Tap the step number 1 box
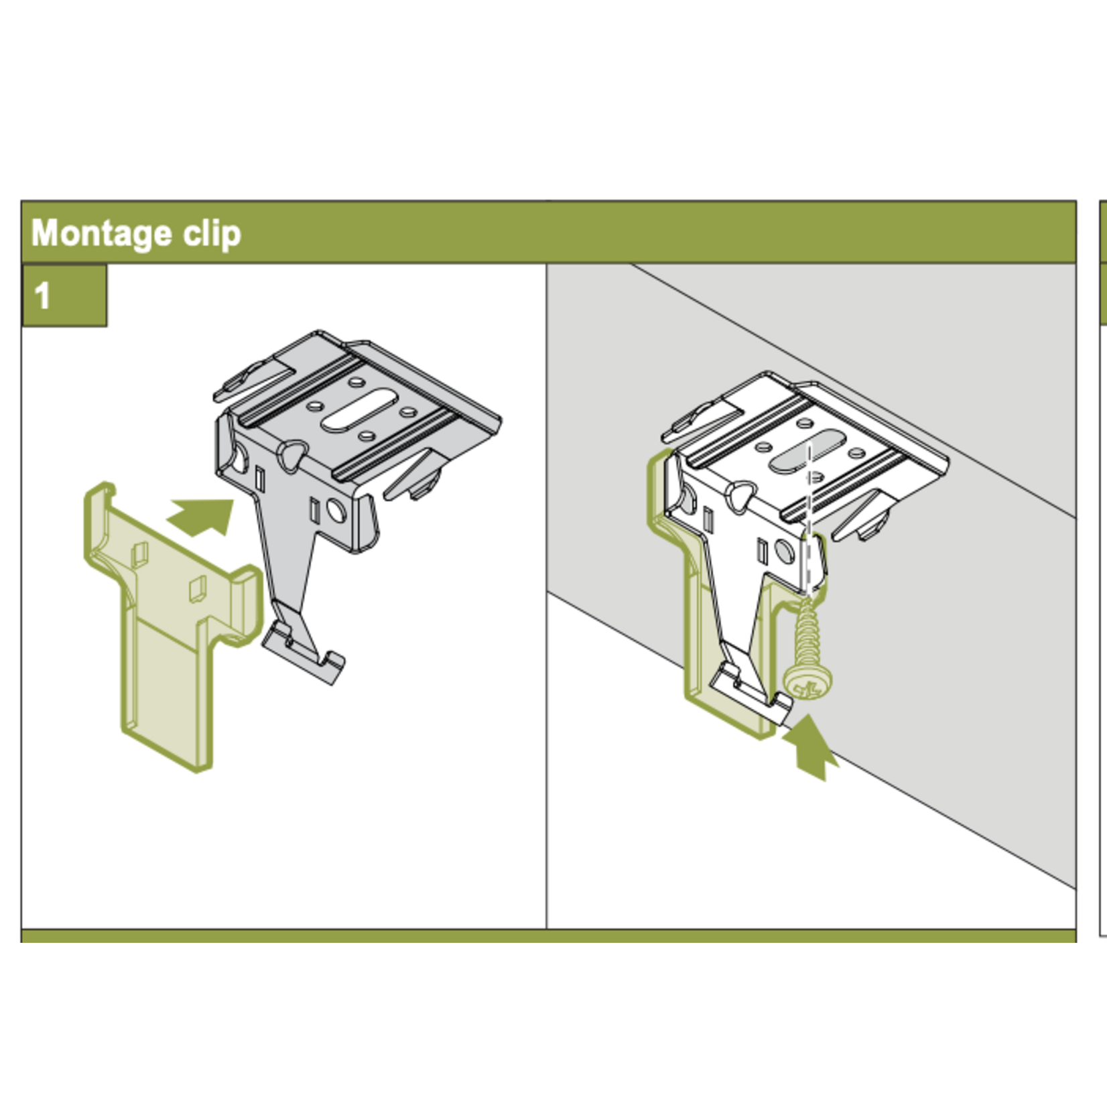pyautogui.click(x=64, y=296)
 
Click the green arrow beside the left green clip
pyautogui.click(x=201, y=517)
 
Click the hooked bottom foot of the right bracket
pyautogui.click(x=751, y=693)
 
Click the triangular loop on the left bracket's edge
pyautogui.click(x=292, y=456)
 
